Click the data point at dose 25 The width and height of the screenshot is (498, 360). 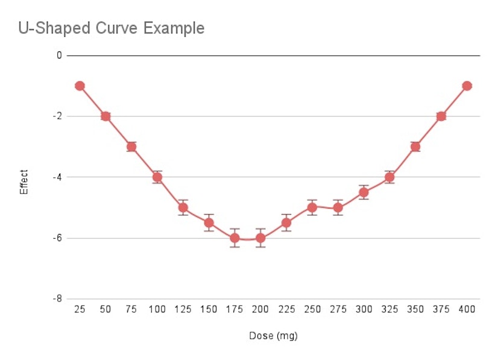(x=80, y=86)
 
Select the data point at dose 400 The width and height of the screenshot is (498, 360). (x=467, y=86)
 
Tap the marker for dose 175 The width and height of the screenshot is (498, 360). (x=235, y=238)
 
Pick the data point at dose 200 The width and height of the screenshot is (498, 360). (x=260, y=238)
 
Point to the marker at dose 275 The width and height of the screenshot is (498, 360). (x=338, y=207)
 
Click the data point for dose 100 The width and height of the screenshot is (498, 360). (x=157, y=177)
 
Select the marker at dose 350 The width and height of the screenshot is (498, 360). (x=415, y=147)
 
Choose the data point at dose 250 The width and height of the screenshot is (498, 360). (x=312, y=207)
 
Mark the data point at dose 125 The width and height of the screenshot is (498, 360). (x=183, y=207)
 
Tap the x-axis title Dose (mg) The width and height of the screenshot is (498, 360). (x=273, y=336)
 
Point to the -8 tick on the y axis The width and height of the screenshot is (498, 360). (x=58, y=298)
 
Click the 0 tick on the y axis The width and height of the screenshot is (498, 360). (x=59, y=55)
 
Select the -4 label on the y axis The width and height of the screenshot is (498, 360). (x=58, y=177)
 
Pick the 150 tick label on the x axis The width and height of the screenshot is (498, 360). (x=209, y=309)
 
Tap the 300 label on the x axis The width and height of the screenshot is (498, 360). (x=364, y=309)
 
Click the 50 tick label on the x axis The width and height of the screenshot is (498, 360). (x=106, y=309)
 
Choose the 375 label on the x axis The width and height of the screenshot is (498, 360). (x=441, y=309)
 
